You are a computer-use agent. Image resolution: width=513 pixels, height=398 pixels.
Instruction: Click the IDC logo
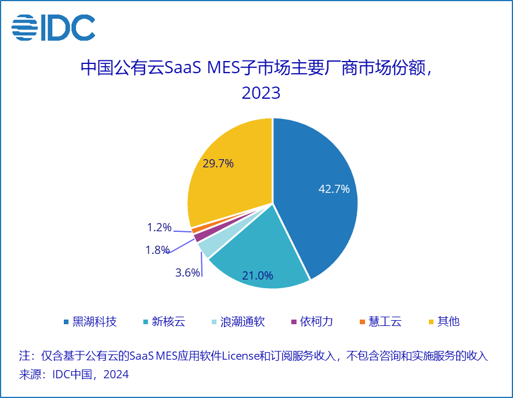pyautogui.click(x=53, y=27)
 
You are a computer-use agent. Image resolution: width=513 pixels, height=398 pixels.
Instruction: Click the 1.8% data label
pyautogui.click(x=157, y=250)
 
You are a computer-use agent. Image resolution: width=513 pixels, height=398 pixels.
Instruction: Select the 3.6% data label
pyautogui.click(x=187, y=272)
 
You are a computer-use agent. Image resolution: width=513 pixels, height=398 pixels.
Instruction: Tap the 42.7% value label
pyautogui.click(x=334, y=189)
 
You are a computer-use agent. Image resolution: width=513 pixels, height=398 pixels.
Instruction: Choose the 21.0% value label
pyautogui.click(x=258, y=275)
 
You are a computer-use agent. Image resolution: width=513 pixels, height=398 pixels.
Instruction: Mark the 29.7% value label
pyautogui.click(x=218, y=163)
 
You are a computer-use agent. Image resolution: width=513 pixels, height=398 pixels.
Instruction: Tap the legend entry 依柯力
pyautogui.click(x=316, y=321)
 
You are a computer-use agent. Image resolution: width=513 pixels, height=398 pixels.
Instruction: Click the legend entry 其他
pyautogui.click(x=448, y=321)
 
